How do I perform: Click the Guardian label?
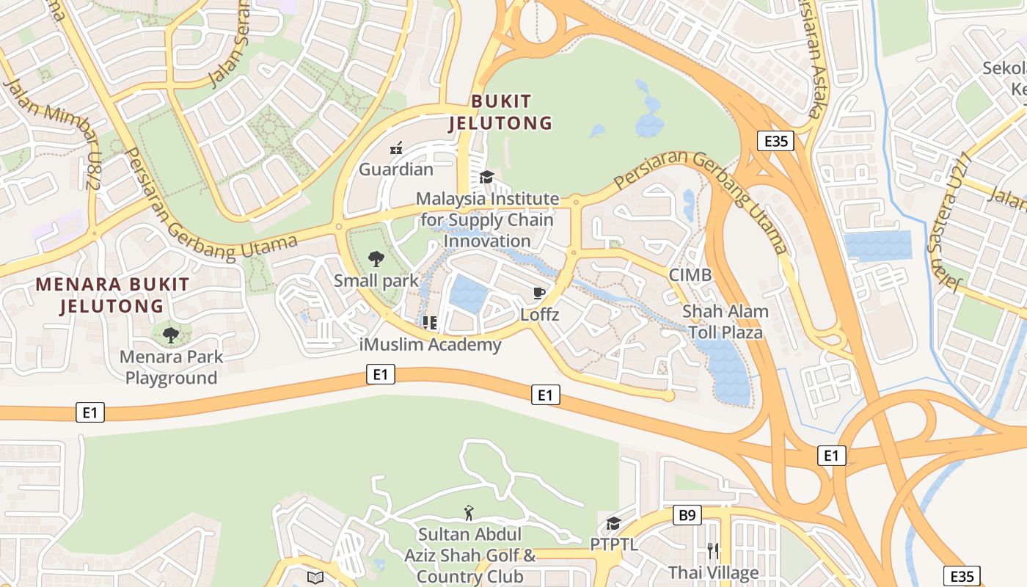pyautogui.click(x=396, y=169)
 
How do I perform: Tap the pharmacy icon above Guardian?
pyautogui.click(x=396, y=148)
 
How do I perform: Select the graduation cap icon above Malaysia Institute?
pyautogui.click(x=486, y=177)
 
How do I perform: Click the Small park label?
pyautogui.click(x=376, y=280)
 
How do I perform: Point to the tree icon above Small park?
pyautogui.click(x=376, y=258)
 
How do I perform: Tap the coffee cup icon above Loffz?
pyautogui.click(x=539, y=293)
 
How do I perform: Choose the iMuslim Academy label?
pyautogui.click(x=431, y=344)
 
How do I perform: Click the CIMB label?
pyautogui.click(x=690, y=275)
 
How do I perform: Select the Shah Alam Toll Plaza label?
pyautogui.click(x=726, y=321)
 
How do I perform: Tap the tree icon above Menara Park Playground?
pyautogui.click(x=171, y=335)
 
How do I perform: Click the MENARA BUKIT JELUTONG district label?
pyautogui.click(x=112, y=295)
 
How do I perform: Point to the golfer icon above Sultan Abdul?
pyautogui.click(x=469, y=512)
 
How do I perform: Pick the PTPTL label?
pyautogui.click(x=614, y=544)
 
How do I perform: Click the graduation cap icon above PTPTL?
pyautogui.click(x=613, y=523)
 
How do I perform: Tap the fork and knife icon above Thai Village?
pyautogui.click(x=712, y=550)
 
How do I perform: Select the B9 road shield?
pyautogui.click(x=687, y=515)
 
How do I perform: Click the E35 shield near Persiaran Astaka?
pyautogui.click(x=776, y=140)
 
